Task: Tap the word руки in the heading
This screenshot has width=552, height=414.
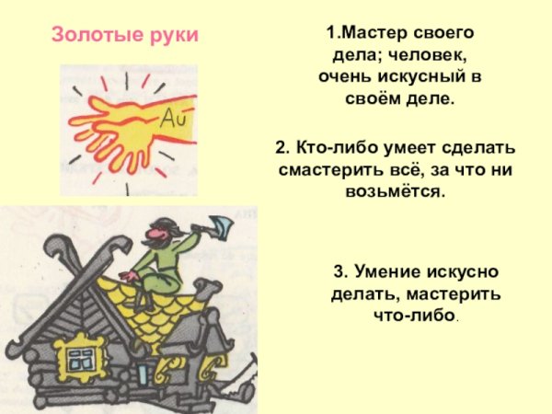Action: [x=174, y=36]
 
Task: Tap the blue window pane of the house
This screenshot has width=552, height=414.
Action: [x=81, y=359]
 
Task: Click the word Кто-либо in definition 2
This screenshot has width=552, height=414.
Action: [x=337, y=147]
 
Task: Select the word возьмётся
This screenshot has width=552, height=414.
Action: [x=396, y=191]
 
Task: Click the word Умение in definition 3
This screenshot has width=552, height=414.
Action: [x=386, y=271]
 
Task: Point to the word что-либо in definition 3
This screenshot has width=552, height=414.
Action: [x=416, y=315]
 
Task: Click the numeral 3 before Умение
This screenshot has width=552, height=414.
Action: [x=339, y=271]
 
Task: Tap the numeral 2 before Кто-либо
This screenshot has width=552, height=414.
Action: [x=281, y=147]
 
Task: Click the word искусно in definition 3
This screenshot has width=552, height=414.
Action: [x=462, y=271]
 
